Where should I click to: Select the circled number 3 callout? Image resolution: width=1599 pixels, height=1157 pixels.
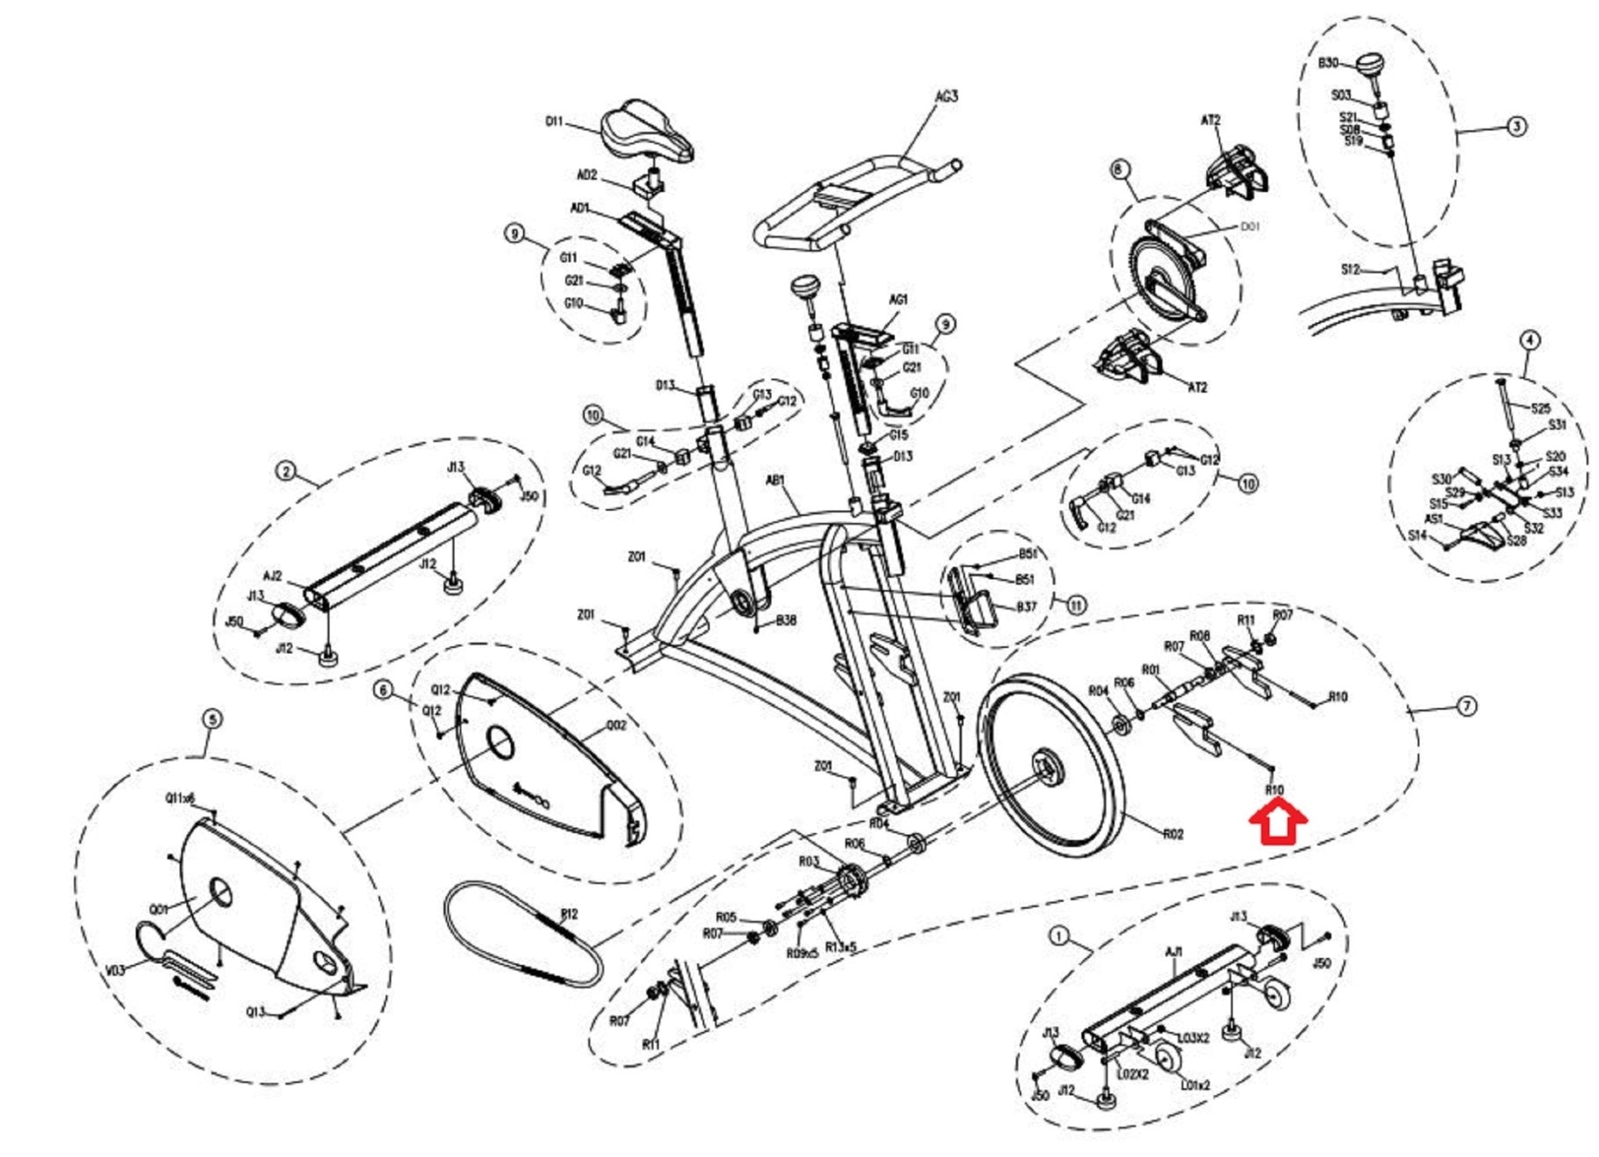coord(1515,126)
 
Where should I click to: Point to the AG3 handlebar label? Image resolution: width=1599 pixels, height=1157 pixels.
coord(946,97)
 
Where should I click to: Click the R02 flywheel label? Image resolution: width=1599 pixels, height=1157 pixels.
coord(1173,834)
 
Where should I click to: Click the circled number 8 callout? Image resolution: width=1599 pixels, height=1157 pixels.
coord(1120,169)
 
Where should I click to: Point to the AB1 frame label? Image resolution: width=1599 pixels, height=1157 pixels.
coord(775,481)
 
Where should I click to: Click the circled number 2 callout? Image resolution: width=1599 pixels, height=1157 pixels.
coord(287,471)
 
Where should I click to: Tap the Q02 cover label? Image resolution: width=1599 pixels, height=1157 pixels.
coord(616,725)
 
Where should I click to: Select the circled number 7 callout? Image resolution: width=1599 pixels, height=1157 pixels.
coord(1467,706)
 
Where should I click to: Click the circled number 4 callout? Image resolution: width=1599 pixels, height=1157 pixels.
coord(1530,340)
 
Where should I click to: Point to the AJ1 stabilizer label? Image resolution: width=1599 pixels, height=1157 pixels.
coord(1173,952)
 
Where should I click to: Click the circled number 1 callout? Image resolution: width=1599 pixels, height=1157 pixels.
coord(1059,936)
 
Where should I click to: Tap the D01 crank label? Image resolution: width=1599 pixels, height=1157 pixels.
coord(1250,227)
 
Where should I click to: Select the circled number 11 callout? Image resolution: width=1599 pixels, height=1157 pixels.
coord(1077,604)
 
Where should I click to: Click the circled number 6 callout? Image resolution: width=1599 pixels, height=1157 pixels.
coord(383,690)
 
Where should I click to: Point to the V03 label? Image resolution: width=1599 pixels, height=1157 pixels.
coord(116,970)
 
